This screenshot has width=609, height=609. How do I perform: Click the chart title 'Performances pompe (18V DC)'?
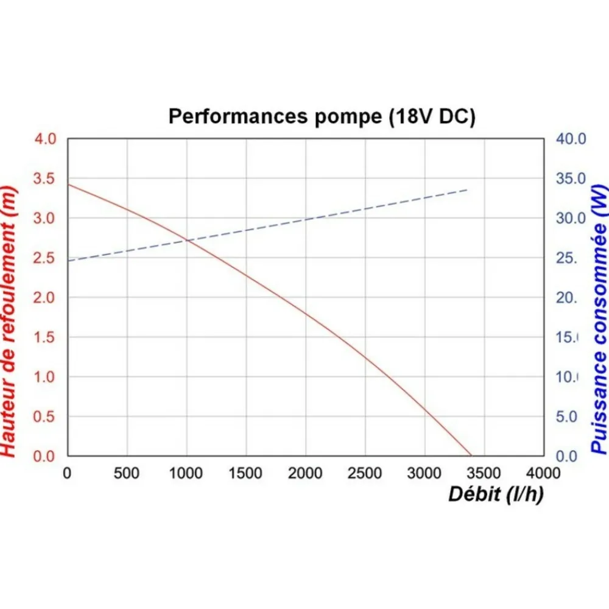coord(322,116)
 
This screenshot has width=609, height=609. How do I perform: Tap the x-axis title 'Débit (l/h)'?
coord(496,495)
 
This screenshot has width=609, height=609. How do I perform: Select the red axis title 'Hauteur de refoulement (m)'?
coord(9,321)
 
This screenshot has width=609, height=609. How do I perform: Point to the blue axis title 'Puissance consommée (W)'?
coord(599,319)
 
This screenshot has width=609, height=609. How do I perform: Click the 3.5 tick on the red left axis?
coord(44,178)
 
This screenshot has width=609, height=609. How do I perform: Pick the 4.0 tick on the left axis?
coord(45,139)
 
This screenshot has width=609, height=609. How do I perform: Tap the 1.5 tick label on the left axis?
coord(44,337)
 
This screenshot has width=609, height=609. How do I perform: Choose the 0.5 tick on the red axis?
coord(44,417)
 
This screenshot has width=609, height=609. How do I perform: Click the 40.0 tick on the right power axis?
coord(571,139)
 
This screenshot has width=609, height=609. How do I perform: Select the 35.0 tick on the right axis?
coord(571,178)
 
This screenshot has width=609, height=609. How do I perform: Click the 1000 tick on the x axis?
coord(186,473)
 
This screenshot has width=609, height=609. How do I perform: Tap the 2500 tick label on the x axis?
coord(364,473)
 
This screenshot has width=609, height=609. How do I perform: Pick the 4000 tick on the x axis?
coord(543,473)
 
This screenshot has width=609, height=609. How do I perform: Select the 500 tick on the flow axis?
coord(126,473)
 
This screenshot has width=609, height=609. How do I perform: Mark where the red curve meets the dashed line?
coord(188,241)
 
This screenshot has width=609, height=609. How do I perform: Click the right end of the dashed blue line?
coord(467,189)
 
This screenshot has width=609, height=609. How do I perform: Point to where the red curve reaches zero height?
coord(471,456)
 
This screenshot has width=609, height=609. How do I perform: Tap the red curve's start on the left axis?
coord(68,184)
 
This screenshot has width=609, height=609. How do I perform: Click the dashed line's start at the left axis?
coord(68,261)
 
